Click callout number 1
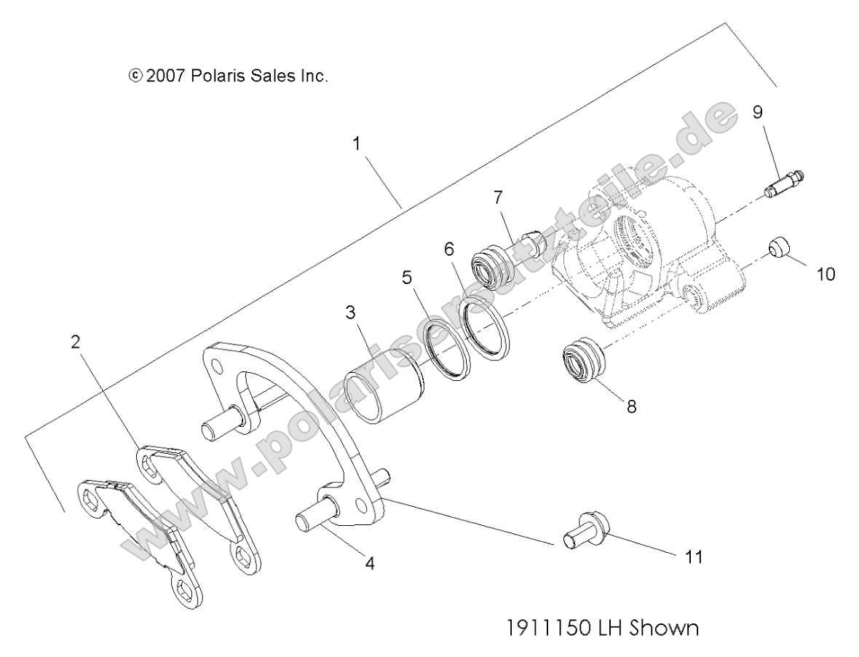(x=357, y=143)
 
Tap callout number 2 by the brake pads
(x=76, y=343)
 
